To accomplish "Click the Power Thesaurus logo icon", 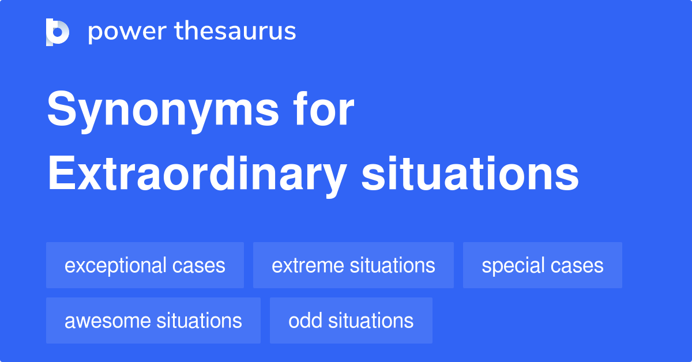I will click(x=58, y=32).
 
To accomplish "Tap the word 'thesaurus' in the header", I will click(x=236, y=32).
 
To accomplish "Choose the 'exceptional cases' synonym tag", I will click(x=145, y=265).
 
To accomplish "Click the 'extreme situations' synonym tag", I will click(x=353, y=265).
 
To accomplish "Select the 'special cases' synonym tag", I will click(x=542, y=265).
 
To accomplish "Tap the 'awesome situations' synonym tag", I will click(x=153, y=320).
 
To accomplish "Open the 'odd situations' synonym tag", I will click(x=351, y=320).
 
